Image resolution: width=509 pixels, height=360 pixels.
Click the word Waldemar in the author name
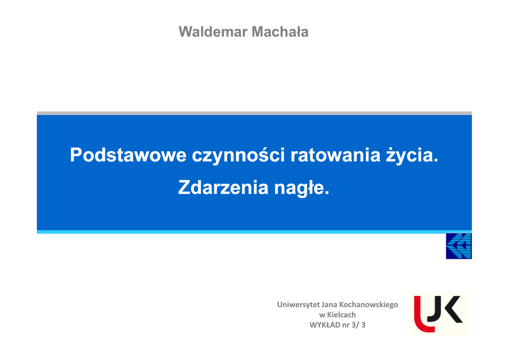click(x=213, y=32)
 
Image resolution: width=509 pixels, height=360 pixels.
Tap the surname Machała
click(x=280, y=32)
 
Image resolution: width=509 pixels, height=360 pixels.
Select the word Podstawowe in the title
click(x=128, y=155)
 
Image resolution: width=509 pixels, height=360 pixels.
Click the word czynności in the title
click(x=238, y=155)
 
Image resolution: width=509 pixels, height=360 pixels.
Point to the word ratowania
click(x=336, y=155)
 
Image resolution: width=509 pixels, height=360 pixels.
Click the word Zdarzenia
click(x=223, y=187)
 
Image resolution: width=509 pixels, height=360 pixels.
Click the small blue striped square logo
click(x=459, y=246)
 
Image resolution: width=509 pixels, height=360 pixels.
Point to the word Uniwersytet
click(x=298, y=305)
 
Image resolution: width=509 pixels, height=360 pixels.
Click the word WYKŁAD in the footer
click(x=325, y=325)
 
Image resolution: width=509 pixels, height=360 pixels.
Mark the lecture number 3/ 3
click(x=358, y=325)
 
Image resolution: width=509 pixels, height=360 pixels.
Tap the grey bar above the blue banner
click(x=254, y=113)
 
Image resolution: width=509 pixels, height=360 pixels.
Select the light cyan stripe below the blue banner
click(x=254, y=232)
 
